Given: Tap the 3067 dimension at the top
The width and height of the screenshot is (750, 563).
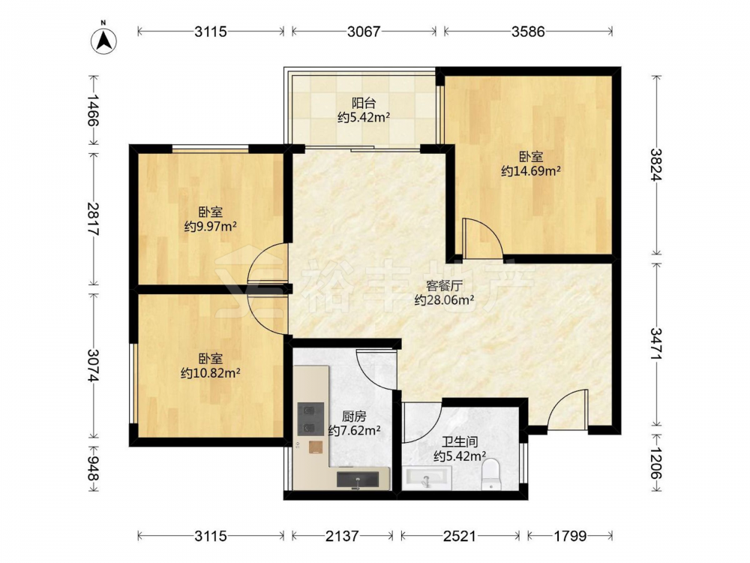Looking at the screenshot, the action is (364, 32).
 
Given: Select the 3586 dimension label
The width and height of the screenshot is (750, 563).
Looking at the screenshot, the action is (528, 32).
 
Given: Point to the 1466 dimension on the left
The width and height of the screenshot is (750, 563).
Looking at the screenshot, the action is (93, 110).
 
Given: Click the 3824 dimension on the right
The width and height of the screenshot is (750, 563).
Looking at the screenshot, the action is (656, 164).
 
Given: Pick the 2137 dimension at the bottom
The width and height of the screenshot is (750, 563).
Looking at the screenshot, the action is (342, 536).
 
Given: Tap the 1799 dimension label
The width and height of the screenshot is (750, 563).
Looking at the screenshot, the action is (570, 536).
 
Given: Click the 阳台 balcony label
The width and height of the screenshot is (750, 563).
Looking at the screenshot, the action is (364, 103).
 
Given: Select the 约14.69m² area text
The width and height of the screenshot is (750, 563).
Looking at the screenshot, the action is (531, 171).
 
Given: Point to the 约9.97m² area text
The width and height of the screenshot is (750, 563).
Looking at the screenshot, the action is (211, 226).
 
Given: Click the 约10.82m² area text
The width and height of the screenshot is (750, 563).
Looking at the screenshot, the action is (211, 373).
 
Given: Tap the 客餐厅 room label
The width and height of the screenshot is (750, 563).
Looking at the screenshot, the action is (444, 286).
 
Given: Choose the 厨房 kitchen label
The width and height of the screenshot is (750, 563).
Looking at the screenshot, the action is (355, 417).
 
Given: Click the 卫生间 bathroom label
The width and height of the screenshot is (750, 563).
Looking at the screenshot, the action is (460, 442).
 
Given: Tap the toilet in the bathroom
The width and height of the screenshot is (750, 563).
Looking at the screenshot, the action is (490, 474).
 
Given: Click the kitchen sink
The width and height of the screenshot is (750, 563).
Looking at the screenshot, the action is (357, 479).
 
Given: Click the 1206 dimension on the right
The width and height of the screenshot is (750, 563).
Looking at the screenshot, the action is (656, 463).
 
